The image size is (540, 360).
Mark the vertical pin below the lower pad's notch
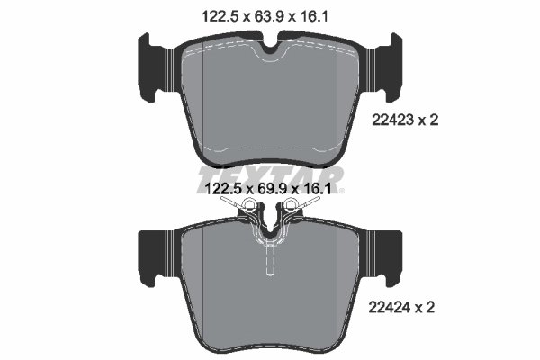[x=270, y=262]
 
